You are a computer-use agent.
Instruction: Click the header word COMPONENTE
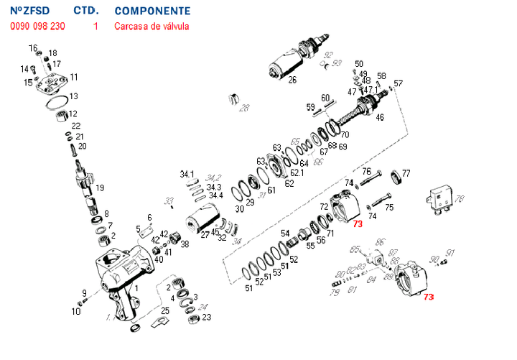click(x=152, y=11)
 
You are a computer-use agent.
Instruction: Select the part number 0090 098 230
click(x=37, y=27)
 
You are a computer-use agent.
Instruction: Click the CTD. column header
click(x=85, y=11)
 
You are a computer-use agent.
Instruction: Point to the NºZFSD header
click(x=30, y=11)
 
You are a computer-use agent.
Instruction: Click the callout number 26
click(x=292, y=80)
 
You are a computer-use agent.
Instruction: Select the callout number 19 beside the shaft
click(x=100, y=188)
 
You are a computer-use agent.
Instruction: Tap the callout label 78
click(x=460, y=199)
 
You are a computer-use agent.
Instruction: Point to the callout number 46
click(x=380, y=117)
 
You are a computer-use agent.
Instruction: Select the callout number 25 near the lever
click(x=165, y=310)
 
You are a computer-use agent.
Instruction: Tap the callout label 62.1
click(x=297, y=173)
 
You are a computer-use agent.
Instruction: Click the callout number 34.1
click(x=187, y=175)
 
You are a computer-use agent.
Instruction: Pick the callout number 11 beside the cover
click(x=74, y=77)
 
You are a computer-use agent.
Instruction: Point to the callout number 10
click(x=76, y=311)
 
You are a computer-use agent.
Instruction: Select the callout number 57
click(x=399, y=83)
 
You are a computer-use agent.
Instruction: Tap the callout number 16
click(x=32, y=48)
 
